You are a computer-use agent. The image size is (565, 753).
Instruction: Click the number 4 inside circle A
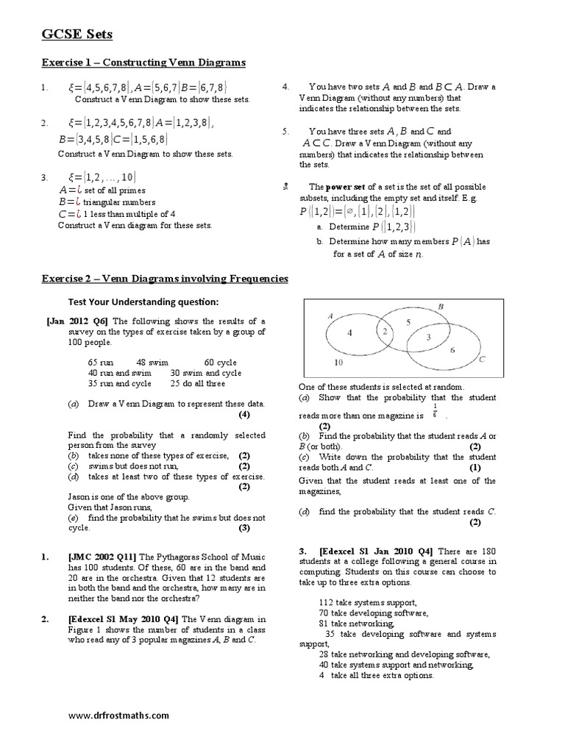(x=350, y=332)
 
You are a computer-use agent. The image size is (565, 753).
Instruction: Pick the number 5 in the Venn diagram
(x=409, y=321)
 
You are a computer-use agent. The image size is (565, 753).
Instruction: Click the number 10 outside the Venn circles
(x=338, y=363)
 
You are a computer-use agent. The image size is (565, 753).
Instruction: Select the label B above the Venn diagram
(x=441, y=306)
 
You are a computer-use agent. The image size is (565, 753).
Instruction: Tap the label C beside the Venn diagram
(x=481, y=360)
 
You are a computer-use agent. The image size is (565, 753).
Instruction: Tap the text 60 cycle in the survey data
(x=220, y=363)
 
